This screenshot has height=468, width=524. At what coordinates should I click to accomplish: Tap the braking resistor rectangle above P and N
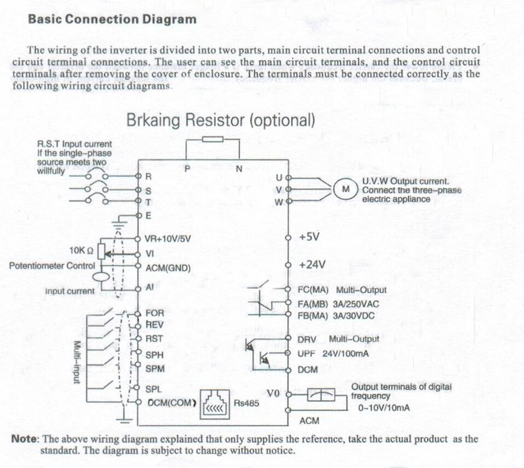pyautogui.click(x=213, y=139)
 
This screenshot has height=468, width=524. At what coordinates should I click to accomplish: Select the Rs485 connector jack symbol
pyautogui.click(x=215, y=404)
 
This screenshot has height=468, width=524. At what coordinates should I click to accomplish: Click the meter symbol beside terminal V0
pyautogui.click(x=321, y=395)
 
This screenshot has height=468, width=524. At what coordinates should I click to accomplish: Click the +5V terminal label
pyautogui.click(x=309, y=237)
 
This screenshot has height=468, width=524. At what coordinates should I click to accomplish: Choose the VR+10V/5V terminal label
pyautogui.click(x=168, y=239)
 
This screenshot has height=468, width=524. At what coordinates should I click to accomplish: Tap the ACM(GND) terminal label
pyautogui.click(x=168, y=268)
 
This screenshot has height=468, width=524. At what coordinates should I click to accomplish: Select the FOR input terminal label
pyautogui.click(x=155, y=313)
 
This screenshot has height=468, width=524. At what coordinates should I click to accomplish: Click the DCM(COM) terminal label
pyautogui.click(x=171, y=403)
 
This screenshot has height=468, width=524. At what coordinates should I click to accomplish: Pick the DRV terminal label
pyautogui.click(x=307, y=340)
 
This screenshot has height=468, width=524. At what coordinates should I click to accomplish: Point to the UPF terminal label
pyautogui.click(x=307, y=354)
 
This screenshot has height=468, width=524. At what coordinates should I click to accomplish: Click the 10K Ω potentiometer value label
pyautogui.click(x=81, y=250)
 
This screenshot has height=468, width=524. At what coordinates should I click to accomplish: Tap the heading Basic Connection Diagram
pyautogui.click(x=112, y=19)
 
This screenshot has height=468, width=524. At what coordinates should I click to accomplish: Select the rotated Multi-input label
pyautogui.click(x=77, y=362)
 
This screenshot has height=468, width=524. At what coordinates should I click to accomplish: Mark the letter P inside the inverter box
pyautogui.click(x=187, y=169)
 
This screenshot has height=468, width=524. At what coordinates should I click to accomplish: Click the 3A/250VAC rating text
pyautogui.click(x=356, y=304)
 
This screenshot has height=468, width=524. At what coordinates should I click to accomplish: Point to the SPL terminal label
pyautogui.click(x=154, y=390)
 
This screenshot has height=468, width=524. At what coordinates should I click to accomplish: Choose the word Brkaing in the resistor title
pyautogui.click(x=153, y=119)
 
